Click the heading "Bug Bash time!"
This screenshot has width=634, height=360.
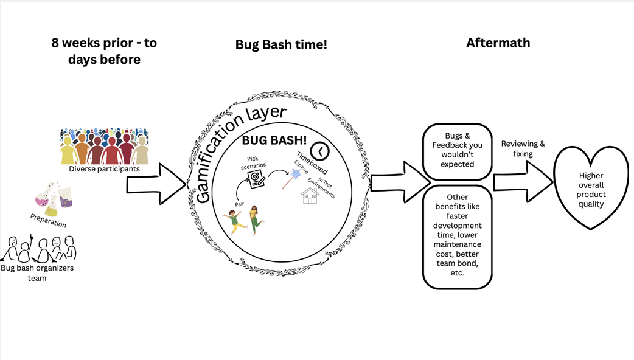click(281, 44)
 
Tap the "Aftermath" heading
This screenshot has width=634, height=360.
click(498, 43)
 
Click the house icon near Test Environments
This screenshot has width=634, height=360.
click(310, 195)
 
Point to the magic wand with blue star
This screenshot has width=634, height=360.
click(290, 179)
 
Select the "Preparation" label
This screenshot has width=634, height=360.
click(48, 220)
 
